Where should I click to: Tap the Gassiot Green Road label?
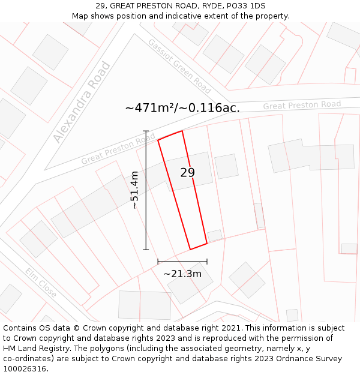[x=179, y=67]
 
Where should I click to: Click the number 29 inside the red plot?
[x=187, y=173]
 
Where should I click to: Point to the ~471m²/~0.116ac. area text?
[x=182, y=108]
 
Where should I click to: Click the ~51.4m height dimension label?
[x=135, y=190]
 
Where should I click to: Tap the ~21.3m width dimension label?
[x=182, y=274]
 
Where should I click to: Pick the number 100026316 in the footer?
[x=26, y=369]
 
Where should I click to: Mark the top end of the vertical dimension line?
[x=146, y=131]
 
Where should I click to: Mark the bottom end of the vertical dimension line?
[x=146, y=249]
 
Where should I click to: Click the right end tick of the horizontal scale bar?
[x=207, y=262]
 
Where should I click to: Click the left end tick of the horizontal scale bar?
[x=158, y=262]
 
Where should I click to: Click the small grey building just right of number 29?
[x=226, y=166]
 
